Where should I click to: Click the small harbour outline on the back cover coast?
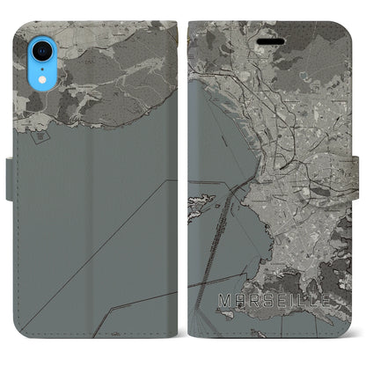tap(46, 132)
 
